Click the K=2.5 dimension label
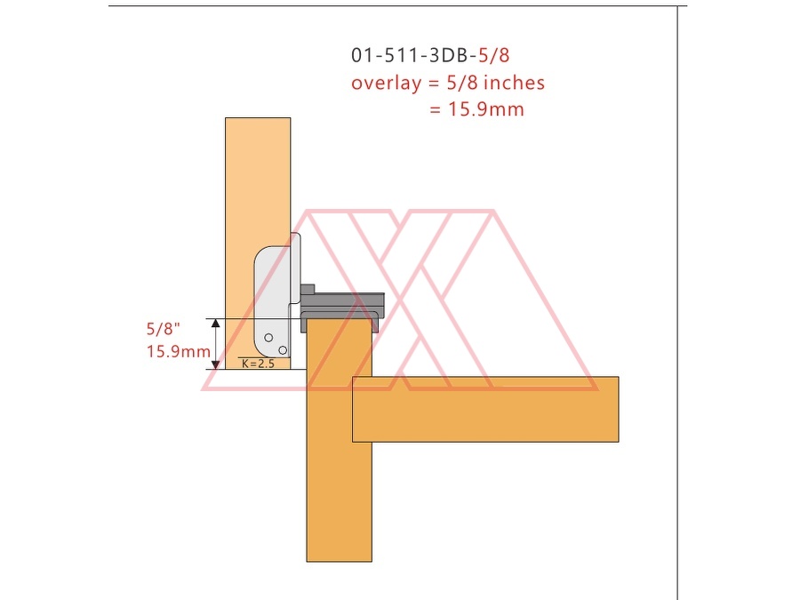click(258, 364)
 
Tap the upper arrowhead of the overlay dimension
click(216, 323)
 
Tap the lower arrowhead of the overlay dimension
click(216, 364)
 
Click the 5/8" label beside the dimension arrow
click(164, 329)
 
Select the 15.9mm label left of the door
click(179, 351)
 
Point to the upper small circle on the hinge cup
click(268, 337)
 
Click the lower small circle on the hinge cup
click(283, 350)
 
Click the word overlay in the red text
click(387, 84)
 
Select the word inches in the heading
click(514, 83)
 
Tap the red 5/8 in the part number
click(494, 55)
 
